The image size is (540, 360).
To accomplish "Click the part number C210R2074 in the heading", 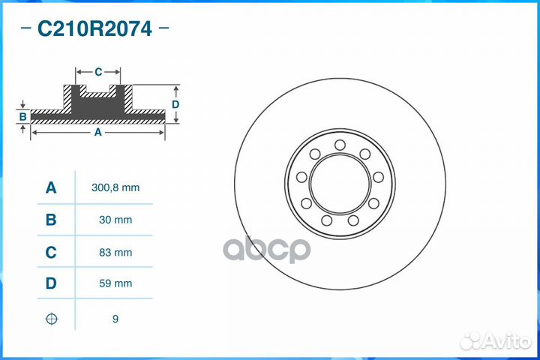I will [x=94, y=29].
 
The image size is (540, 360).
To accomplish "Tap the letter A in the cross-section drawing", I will [x=97, y=132].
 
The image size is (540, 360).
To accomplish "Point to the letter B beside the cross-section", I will [x=23, y=116].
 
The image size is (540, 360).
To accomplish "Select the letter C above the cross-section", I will [x=98, y=72].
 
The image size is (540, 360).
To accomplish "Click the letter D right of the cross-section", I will [x=175, y=104].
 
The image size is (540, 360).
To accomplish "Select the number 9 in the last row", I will [x=115, y=319].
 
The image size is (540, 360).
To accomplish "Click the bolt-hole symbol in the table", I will [x=51, y=319].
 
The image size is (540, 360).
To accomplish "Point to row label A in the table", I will [x=51, y=187].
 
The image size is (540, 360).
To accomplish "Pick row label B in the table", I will [x=51, y=220].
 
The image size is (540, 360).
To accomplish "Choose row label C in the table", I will [x=51, y=253].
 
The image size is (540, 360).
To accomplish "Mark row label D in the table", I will [x=51, y=283].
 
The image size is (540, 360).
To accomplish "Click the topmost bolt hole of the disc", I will [x=340, y=145].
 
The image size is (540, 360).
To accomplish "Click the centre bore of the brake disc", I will [x=340, y=183].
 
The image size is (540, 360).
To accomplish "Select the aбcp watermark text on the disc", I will [x=268, y=248].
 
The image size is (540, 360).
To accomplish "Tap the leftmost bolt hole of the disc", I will [x=301, y=177].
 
